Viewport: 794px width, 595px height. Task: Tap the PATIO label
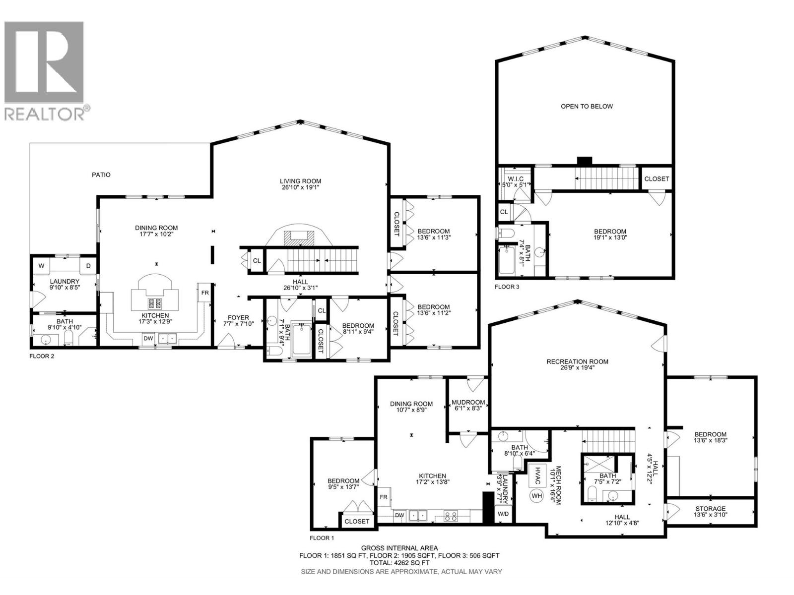click(101, 175)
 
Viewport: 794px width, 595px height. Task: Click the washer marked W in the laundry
click(42, 266)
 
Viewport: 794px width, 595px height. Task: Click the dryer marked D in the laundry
click(88, 266)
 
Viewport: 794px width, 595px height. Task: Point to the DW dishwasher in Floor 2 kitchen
click(148, 339)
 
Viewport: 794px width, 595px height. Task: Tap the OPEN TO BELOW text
click(587, 106)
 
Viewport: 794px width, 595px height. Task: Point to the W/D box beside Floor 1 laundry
click(503, 514)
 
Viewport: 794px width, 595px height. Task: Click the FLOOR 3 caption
click(507, 287)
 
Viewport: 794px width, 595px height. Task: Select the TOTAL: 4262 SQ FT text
click(399, 563)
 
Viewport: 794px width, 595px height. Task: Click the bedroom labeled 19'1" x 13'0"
click(610, 235)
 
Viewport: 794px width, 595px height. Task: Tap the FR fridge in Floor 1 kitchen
click(384, 497)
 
